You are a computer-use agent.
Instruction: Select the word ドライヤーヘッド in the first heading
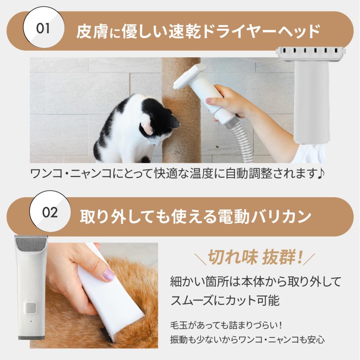pyautogui.click(x=262, y=31)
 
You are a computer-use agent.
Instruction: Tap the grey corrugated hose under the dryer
pyautogui.click(x=240, y=140)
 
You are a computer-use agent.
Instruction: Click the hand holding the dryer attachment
pyautogui.click(x=228, y=102)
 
